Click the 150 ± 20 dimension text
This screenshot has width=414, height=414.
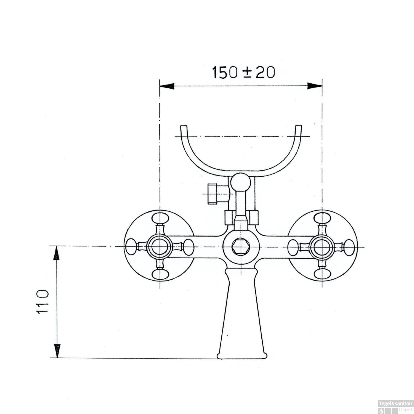243,73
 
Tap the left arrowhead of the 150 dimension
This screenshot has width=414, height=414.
167,86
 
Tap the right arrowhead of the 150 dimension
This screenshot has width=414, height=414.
315,86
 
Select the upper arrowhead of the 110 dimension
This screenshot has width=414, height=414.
57,253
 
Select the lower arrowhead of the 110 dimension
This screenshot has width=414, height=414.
57,351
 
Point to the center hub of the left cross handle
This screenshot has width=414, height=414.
160,246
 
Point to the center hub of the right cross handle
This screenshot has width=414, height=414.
322,246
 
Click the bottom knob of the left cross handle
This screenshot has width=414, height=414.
160,274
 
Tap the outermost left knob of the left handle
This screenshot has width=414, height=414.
132,246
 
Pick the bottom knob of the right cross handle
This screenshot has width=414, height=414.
322,274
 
